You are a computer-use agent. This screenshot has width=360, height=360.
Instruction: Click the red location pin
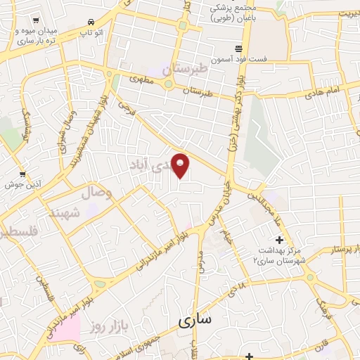(181, 165)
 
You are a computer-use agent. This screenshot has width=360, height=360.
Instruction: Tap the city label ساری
(195, 321)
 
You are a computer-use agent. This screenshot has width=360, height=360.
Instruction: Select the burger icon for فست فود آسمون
(240, 49)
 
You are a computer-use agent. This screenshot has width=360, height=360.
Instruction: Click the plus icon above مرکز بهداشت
(280, 240)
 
